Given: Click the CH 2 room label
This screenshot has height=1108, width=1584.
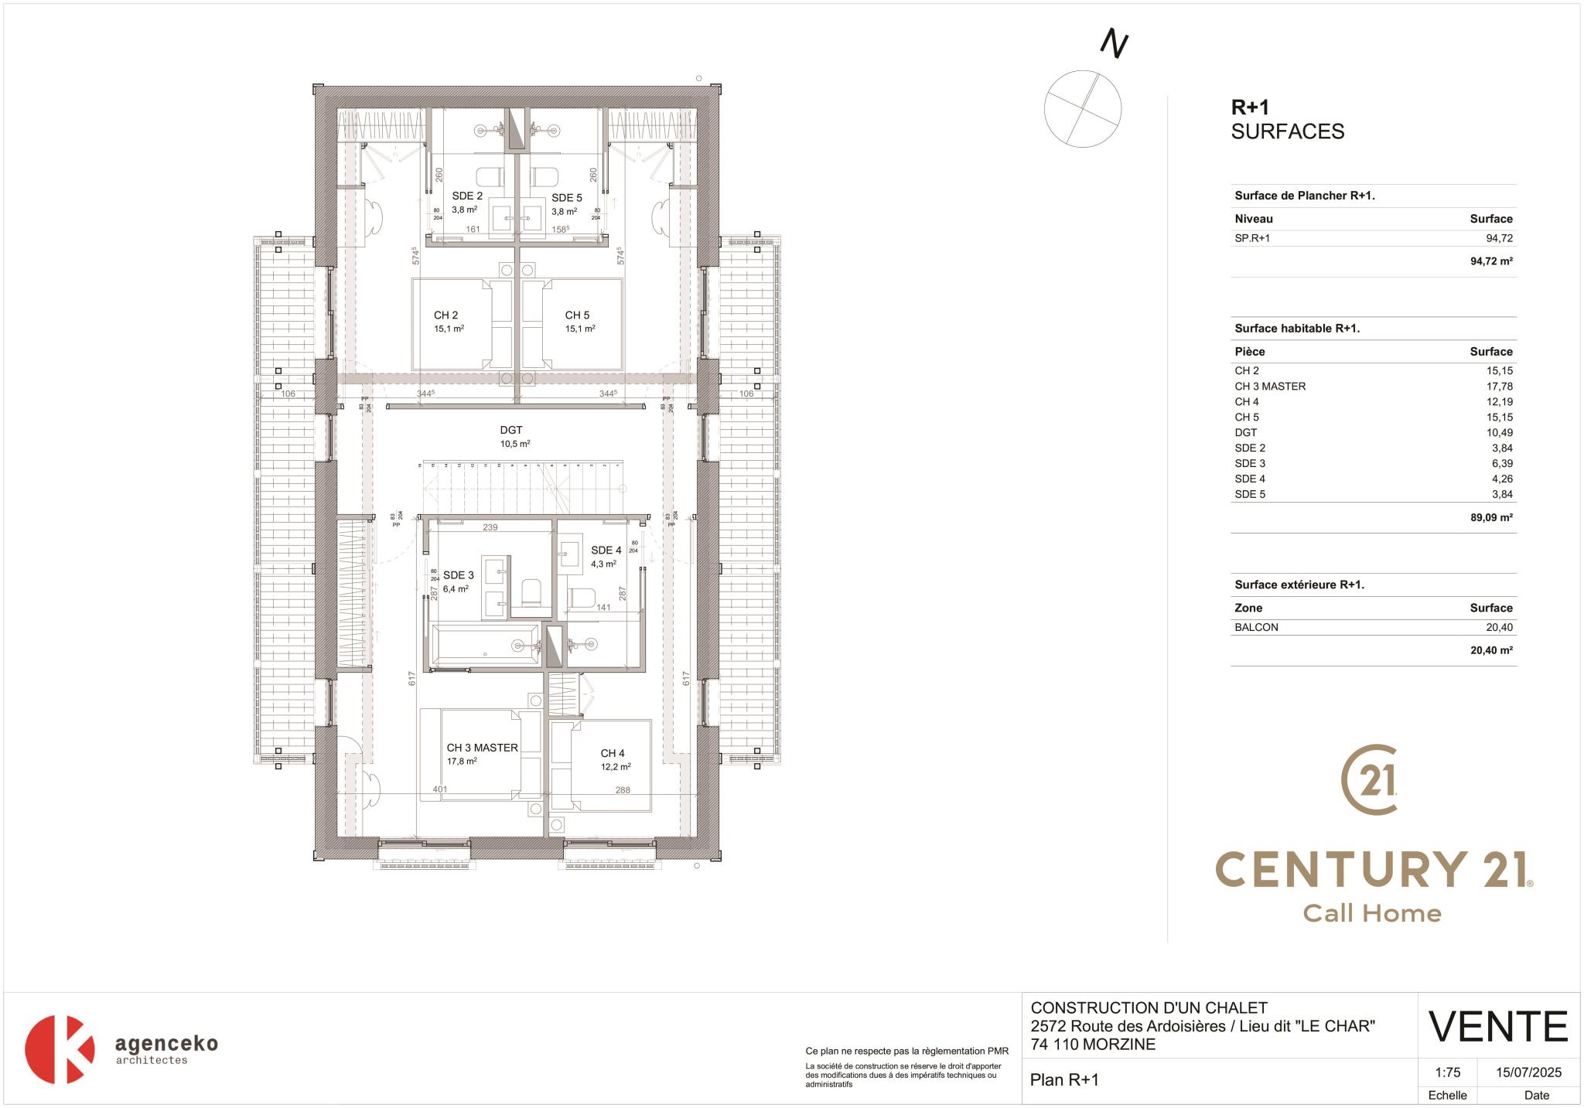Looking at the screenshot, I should (445, 315).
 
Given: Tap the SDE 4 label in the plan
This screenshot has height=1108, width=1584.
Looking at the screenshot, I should (606, 551).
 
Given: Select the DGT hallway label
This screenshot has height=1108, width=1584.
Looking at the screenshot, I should (510, 431).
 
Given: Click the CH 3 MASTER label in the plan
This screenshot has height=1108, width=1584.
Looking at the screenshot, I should (482, 748).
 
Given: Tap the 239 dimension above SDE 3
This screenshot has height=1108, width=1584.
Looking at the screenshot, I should (490, 527).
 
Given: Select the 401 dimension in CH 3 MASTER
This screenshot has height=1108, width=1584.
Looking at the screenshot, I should (439, 789).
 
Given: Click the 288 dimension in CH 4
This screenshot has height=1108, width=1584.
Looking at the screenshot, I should (623, 790).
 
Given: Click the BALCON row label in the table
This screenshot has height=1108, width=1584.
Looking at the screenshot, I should (1256, 627).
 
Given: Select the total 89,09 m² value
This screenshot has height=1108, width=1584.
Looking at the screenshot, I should (1490, 518).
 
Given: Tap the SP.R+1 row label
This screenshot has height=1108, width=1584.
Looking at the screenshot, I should (1252, 238).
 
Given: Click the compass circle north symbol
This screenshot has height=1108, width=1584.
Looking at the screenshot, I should (1082, 108).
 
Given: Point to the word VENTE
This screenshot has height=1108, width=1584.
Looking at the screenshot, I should (1497, 1027).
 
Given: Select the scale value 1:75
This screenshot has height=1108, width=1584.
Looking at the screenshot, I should (1447, 1072).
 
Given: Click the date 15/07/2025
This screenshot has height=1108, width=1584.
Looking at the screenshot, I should (1528, 1072).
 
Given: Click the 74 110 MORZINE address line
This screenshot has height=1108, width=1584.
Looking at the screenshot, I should (1093, 1045).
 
